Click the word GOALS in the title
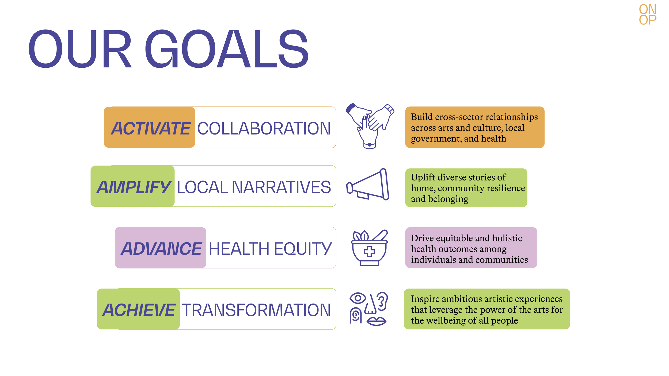227,49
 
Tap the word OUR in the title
80,49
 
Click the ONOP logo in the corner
647,15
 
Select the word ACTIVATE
151,128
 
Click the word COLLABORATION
264,128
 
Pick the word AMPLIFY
134,187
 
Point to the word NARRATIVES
281,187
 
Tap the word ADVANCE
161,249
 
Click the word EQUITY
303,249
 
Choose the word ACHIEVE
139,310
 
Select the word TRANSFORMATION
256,310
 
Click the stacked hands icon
370,126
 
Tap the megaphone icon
368,185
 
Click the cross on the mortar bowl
369,252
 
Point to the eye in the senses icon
358,298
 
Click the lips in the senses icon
376,321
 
